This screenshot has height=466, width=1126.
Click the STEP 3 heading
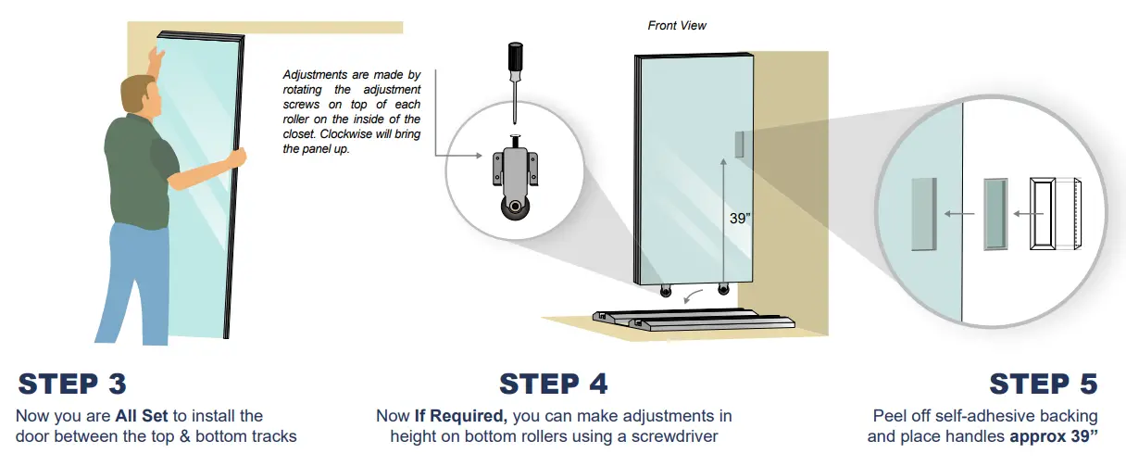click(x=72, y=384)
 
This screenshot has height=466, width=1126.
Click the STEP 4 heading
click(x=553, y=384)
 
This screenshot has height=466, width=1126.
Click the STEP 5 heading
click(x=1043, y=384)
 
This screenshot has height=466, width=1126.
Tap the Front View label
click(x=677, y=25)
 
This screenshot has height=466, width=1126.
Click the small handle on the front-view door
click(x=738, y=144)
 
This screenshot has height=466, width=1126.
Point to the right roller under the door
click(x=722, y=292)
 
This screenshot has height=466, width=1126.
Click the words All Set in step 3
click(x=143, y=416)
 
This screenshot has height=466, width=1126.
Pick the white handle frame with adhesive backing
click(x=1044, y=215)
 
